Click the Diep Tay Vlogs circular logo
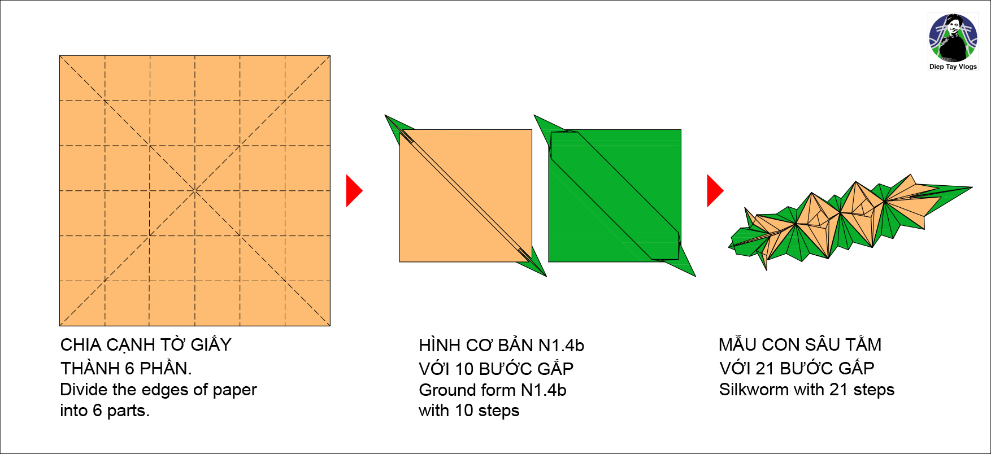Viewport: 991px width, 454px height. (953, 38)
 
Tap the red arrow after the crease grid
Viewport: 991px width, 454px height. (354, 191)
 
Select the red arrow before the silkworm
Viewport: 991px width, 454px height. (715, 191)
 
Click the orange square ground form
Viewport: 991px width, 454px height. (466, 195)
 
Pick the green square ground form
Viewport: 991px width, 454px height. (615, 195)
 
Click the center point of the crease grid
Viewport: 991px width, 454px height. (195, 191)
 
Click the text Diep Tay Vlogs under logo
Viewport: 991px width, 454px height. (953, 67)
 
